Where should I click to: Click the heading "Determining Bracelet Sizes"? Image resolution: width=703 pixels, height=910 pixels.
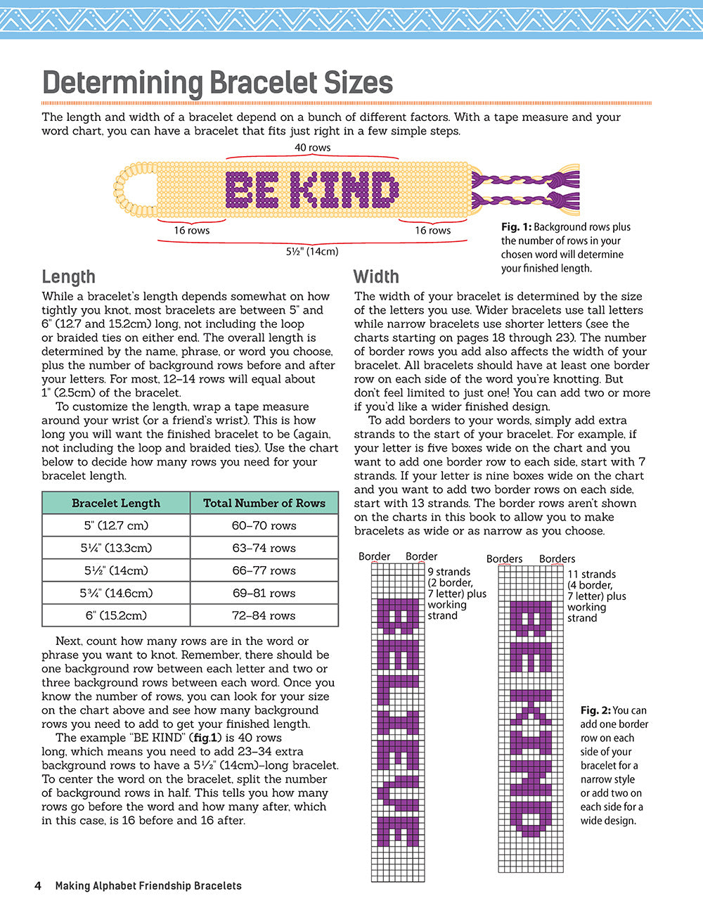pos(217,83)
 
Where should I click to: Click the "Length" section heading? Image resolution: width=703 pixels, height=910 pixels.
pos(68,276)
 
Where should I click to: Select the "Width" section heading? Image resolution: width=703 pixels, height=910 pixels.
pos(376,276)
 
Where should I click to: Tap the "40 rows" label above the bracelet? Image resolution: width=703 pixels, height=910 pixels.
pos(312,148)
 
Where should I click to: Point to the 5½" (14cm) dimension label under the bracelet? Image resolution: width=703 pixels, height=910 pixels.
pos(312,251)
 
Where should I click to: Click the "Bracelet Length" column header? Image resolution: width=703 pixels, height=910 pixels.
pos(116,503)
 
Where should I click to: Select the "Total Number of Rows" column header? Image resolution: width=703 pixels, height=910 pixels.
pos(264,503)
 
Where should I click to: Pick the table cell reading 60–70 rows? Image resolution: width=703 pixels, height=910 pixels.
pos(264,525)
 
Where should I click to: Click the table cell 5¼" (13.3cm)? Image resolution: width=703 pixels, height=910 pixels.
pos(116,548)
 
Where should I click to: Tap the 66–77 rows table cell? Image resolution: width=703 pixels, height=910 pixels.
pos(264,570)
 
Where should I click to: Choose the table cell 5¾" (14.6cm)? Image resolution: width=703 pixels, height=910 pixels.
pos(116,593)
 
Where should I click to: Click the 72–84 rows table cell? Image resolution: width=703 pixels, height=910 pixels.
pos(264,615)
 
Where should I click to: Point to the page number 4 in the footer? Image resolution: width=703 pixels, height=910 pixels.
pos(38,885)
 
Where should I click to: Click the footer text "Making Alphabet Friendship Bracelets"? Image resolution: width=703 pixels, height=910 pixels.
pos(148,885)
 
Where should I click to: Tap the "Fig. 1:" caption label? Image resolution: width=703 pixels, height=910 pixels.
pos(516,227)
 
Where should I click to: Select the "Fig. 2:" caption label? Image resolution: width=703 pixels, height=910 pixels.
pos(595,710)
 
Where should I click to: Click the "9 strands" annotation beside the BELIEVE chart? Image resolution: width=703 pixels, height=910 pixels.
pos(449,572)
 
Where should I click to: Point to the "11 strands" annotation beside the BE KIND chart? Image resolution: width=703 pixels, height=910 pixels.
pos(591,575)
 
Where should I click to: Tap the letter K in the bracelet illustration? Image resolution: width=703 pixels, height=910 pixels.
pos(304,190)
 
